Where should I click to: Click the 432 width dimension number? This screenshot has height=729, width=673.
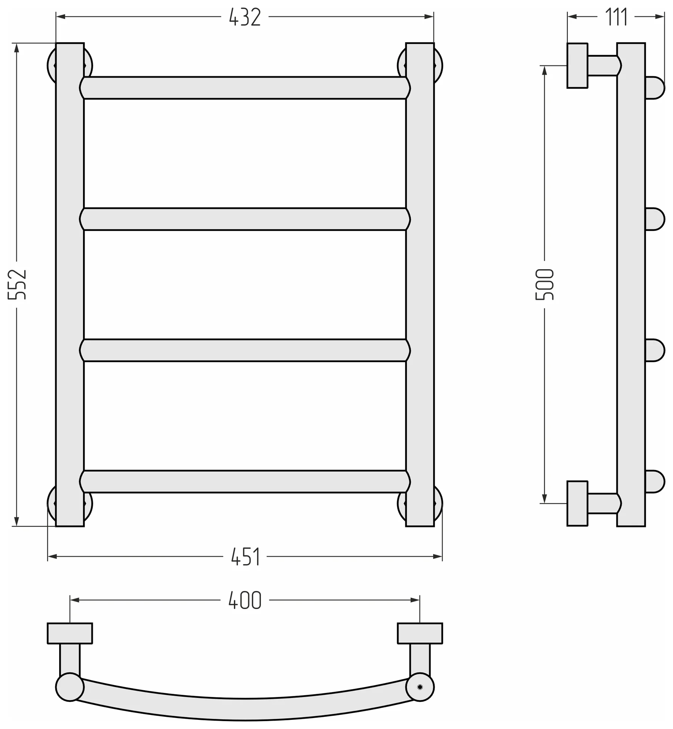point(245,17)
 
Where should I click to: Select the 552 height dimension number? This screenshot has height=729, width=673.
point(17,284)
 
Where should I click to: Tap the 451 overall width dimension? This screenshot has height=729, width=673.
point(245,557)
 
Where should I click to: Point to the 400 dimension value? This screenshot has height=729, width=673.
point(245,600)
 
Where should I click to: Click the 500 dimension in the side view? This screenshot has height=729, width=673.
point(545,284)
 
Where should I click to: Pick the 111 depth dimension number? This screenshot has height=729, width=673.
point(616,17)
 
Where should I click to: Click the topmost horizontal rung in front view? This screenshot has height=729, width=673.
point(245,88)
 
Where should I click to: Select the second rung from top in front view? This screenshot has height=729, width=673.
point(245,219)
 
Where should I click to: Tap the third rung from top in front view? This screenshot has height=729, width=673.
point(245,350)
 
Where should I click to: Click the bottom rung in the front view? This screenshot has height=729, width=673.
point(245,481)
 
